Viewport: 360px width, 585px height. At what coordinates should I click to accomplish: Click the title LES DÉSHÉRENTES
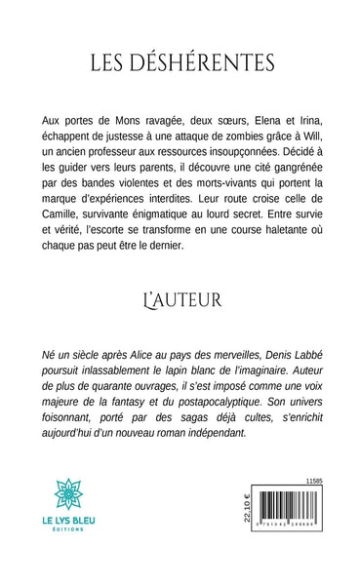180,62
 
